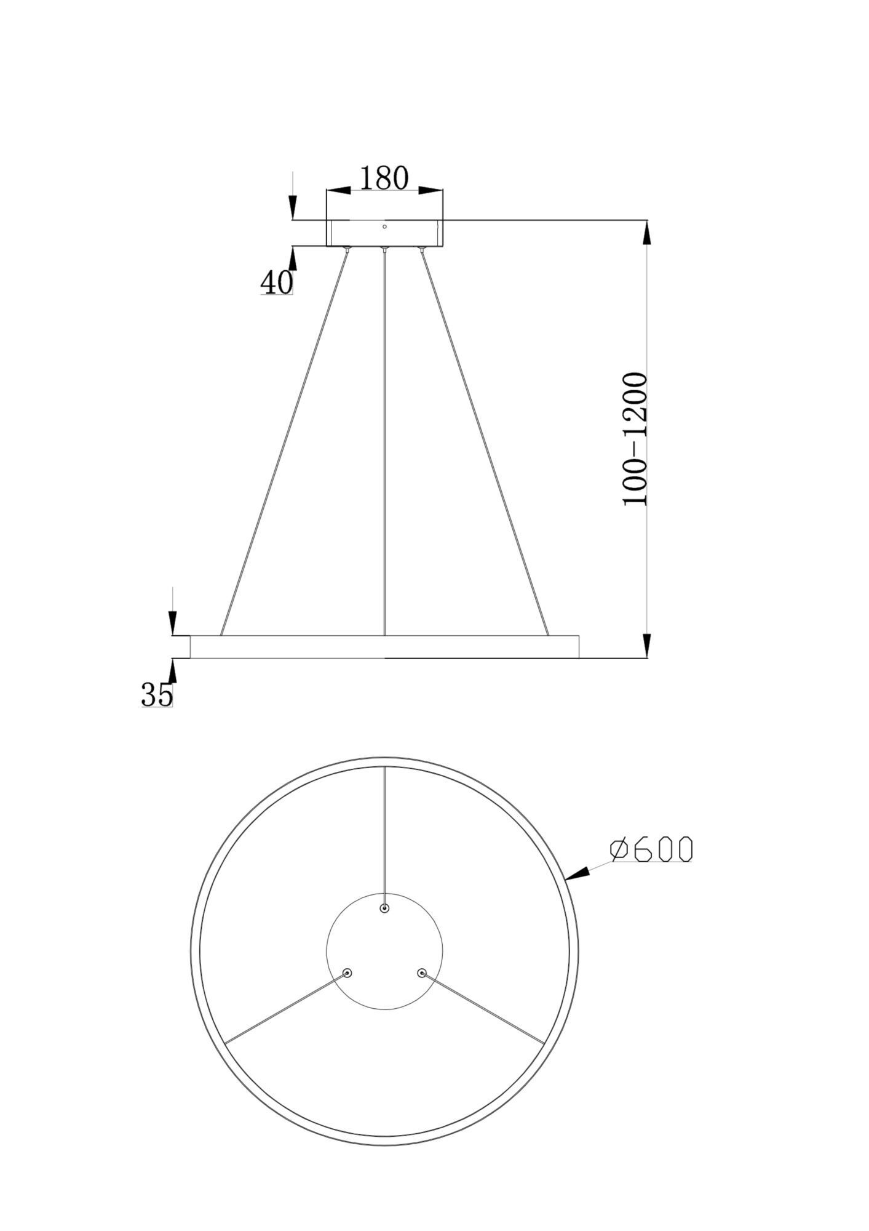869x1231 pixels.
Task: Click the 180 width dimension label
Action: tap(384, 178)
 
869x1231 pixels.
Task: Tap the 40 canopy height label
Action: tap(276, 283)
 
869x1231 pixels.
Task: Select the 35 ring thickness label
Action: tap(157, 695)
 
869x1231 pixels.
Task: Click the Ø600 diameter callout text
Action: tap(651, 849)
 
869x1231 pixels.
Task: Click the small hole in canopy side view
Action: tap(384, 227)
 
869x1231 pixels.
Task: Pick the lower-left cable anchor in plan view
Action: tap(347, 973)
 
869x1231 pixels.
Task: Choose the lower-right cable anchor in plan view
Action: tap(421, 973)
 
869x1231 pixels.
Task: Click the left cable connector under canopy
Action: tap(347, 249)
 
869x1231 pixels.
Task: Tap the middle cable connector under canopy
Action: tap(384, 249)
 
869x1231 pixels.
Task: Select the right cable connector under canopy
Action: tap(421, 249)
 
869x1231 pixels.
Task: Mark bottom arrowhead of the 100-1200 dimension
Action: tap(646, 645)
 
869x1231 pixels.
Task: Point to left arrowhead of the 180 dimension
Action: tap(338, 191)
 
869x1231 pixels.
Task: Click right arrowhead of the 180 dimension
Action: tap(431, 191)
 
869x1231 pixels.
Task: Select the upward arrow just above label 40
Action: tap(293, 259)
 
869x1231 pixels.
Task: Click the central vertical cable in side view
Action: tap(384, 443)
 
